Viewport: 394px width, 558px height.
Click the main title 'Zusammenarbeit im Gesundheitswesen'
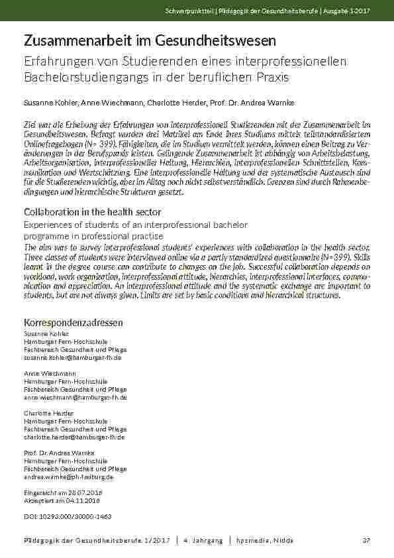click(150, 41)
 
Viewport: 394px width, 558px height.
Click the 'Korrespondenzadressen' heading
click(73, 322)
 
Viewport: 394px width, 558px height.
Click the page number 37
click(366, 541)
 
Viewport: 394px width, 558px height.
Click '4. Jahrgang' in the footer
click(203, 541)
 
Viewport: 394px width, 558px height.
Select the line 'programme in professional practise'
click(93, 236)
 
